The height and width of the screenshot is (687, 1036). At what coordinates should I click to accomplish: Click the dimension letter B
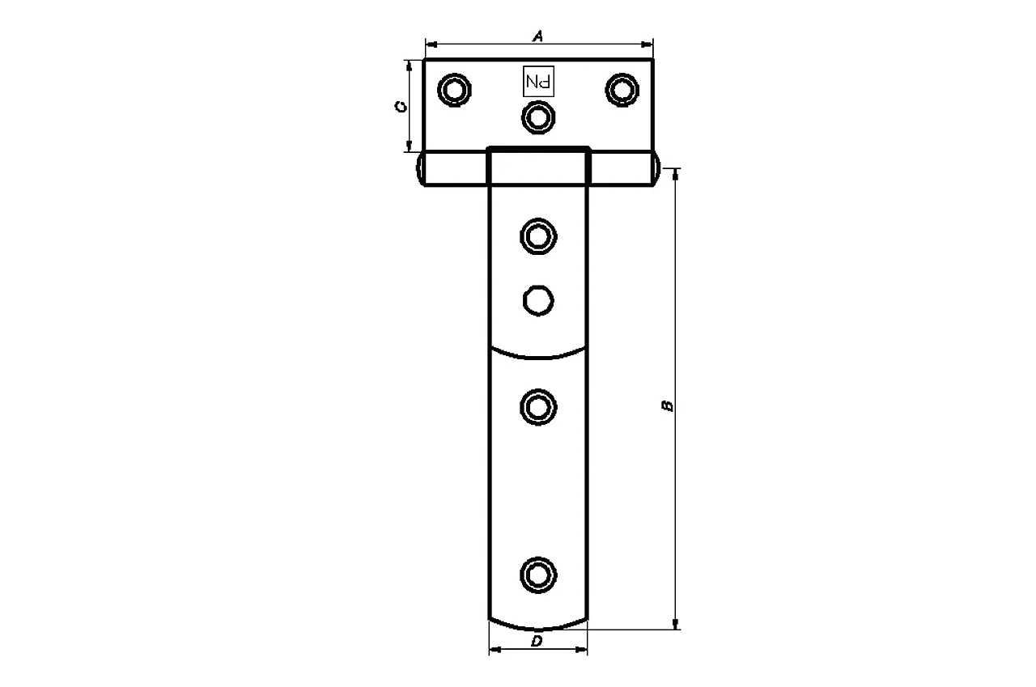[x=667, y=405]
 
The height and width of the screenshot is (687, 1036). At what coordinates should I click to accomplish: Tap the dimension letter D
[x=537, y=642]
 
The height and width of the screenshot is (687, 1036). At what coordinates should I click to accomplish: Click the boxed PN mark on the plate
[x=539, y=81]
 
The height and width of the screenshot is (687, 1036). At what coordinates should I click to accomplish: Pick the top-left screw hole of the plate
[x=454, y=89]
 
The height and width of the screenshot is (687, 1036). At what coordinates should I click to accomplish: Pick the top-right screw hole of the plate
[x=622, y=89]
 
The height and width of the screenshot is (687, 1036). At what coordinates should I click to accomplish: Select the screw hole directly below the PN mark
[x=538, y=118]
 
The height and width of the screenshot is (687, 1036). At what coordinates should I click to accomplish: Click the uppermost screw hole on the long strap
[x=538, y=236]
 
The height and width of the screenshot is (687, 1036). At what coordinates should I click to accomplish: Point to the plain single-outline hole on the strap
[x=538, y=299]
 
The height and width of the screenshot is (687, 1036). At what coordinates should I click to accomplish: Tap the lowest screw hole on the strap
[x=538, y=575]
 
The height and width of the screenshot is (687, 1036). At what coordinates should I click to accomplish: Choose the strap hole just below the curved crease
[x=538, y=406]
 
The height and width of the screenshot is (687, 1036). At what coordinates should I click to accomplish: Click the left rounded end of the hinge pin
[x=422, y=169]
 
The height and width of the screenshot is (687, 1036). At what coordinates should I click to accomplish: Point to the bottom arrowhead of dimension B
[x=677, y=623]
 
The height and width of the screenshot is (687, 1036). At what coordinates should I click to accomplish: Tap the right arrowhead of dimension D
[x=583, y=650]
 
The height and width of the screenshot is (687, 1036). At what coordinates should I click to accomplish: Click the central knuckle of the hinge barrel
[x=538, y=167]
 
